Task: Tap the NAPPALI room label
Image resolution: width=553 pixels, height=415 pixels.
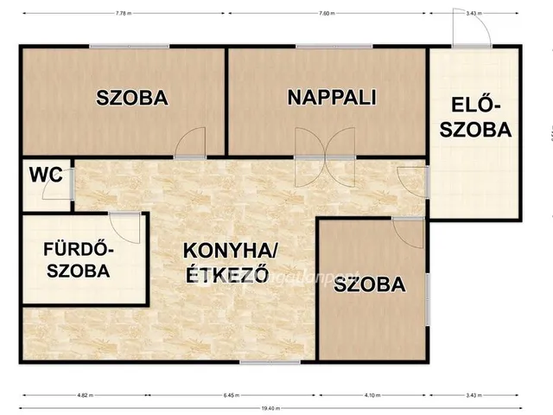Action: point(332,97)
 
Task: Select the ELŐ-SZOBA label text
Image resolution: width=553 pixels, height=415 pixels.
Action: point(476,118)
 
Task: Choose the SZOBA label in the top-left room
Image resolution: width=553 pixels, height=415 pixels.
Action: point(132,98)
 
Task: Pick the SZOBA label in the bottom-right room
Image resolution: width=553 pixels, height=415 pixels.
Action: point(369,284)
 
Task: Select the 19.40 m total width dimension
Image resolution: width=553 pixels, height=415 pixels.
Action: point(274,407)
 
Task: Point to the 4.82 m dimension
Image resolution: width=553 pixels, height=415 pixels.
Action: point(84,395)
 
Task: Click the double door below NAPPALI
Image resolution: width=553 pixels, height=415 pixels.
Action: point(324,157)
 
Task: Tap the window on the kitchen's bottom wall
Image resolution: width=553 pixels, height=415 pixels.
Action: point(257,361)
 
